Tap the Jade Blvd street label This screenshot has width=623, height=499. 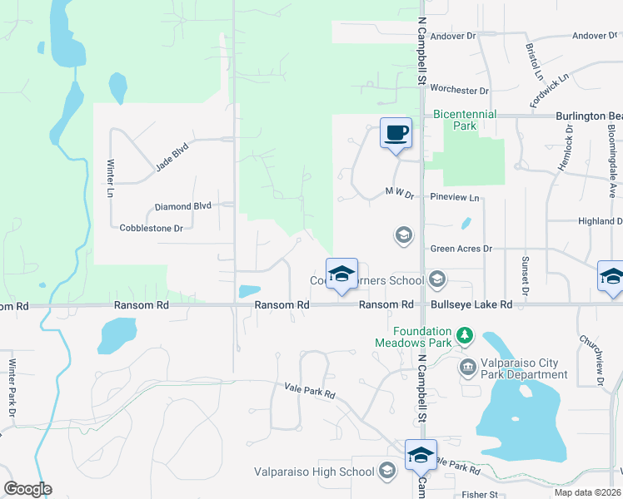pos(172,156)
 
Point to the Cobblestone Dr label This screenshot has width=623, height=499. pos(151,227)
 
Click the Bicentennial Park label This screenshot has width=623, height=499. pos(464,120)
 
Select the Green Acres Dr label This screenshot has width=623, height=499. pos(461,249)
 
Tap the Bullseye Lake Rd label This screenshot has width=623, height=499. pos(471,305)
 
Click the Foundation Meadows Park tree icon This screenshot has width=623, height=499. pos(465,337)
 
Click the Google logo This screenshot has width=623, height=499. pos(27,489)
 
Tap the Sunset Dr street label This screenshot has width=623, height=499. pos(525,276)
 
